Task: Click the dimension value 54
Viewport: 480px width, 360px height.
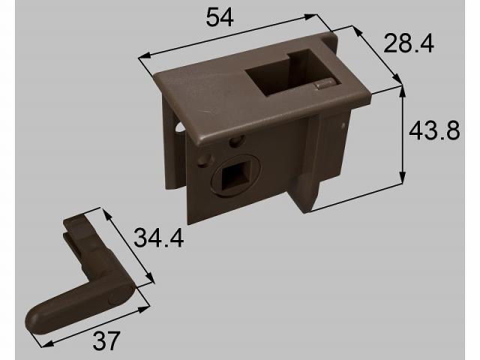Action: (220, 18)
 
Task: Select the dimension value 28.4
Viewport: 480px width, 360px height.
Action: (408, 43)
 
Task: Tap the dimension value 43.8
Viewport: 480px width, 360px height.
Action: (434, 131)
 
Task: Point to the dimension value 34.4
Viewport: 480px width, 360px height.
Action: (158, 238)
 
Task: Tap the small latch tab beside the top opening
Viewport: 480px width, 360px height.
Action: (325, 84)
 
